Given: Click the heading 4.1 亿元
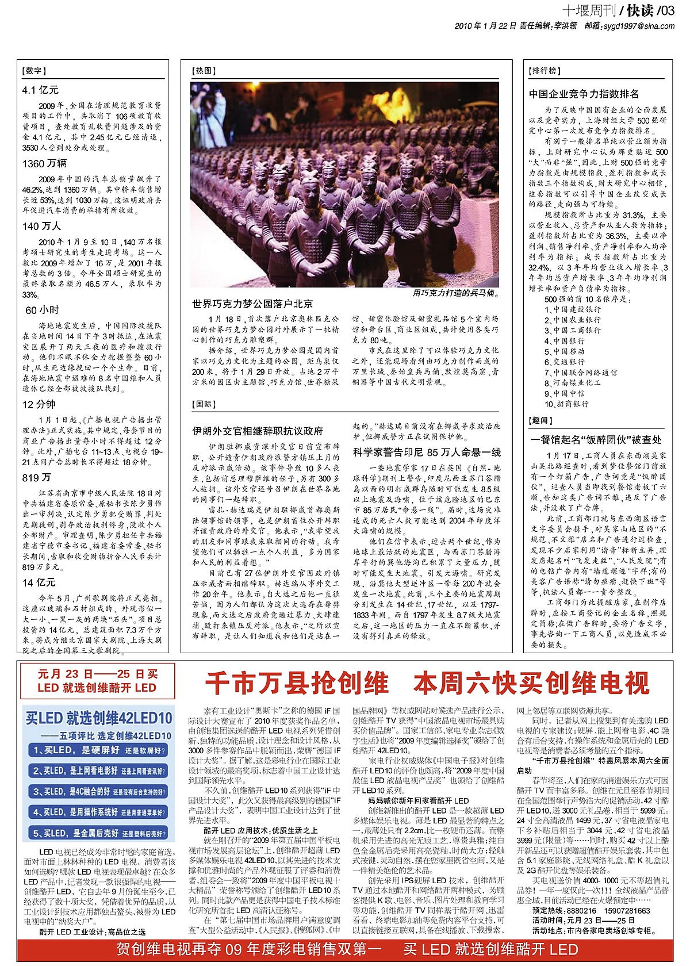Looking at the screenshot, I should [x=40, y=90].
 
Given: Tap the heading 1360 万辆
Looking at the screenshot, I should [x=45, y=164].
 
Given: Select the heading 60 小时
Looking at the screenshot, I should [x=42, y=310].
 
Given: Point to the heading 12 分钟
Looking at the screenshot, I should [x=39, y=404].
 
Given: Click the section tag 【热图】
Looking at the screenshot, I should [x=204, y=71].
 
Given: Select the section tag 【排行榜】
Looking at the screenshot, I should [x=543, y=71].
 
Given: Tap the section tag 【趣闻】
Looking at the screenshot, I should [x=540, y=421].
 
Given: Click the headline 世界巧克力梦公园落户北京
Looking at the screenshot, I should [x=252, y=304].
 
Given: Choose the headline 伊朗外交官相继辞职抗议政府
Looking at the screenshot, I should [x=258, y=431].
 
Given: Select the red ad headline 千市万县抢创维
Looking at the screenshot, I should [x=297, y=683].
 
